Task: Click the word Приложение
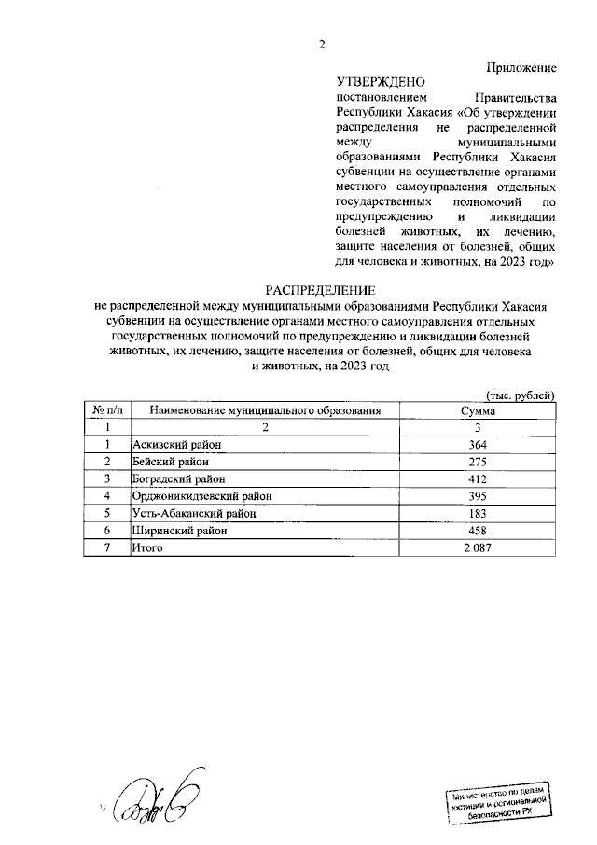521,67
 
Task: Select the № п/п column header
108,410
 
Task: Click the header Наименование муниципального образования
265,410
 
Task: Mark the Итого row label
148,547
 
